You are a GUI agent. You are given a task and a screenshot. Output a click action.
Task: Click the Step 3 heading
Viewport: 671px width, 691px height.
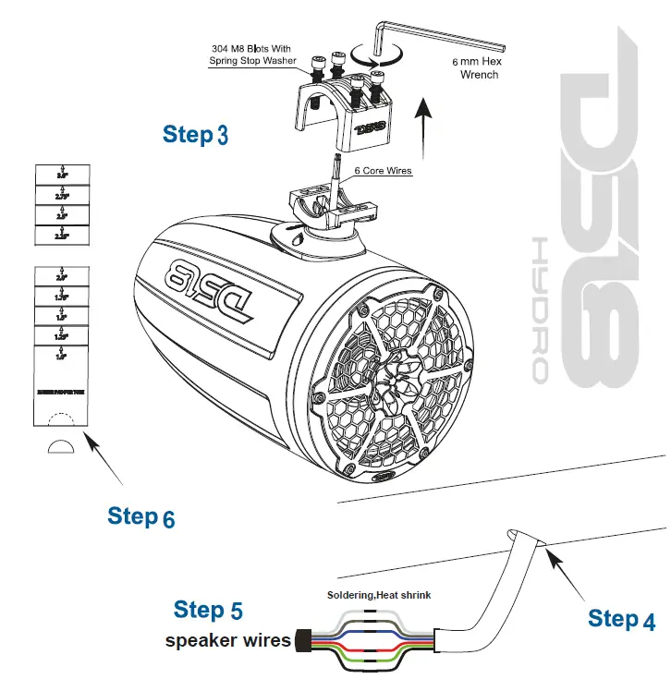(195, 134)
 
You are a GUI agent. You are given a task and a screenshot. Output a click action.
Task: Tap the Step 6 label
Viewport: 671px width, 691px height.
(140, 516)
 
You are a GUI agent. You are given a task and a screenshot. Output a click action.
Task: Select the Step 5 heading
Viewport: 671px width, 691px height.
(208, 610)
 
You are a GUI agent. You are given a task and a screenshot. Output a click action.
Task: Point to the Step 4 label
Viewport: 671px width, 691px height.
(621, 619)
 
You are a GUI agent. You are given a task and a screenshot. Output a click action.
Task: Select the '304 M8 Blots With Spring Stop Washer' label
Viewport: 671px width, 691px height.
(253, 55)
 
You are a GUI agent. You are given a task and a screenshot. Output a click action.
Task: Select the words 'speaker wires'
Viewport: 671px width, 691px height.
(227, 640)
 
